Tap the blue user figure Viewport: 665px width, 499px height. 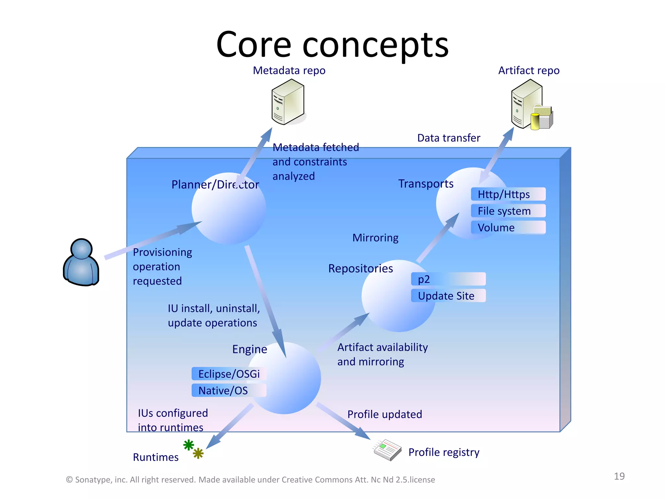coord(81,262)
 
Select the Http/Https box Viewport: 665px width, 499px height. coord(508,194)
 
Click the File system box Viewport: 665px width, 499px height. coord(508,211)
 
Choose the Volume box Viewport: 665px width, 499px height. coord(508,227)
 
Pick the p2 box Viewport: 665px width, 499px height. coord(448,279)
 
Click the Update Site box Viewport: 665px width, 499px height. coord(448,296)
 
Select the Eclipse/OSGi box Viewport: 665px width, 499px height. coord(229,374)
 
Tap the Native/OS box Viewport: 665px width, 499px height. coord(229,390)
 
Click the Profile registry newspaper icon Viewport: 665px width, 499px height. coord(387,450)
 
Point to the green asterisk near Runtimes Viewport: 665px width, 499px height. coord(189,445)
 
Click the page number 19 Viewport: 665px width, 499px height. coord(619,476)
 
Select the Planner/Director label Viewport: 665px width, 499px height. coord(215,185)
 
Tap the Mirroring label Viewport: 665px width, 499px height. coord(375,238)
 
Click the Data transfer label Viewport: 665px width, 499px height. coord(448,138)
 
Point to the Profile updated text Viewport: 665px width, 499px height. coord(384,414)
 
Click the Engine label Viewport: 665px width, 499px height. coord(249,349)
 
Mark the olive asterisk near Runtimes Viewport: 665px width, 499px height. coord(198,453)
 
